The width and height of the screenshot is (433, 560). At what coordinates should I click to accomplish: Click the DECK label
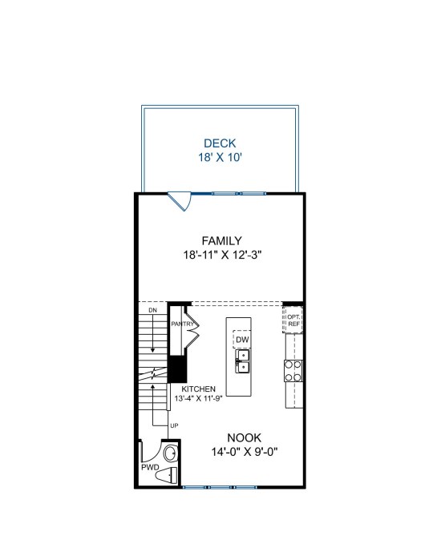220,143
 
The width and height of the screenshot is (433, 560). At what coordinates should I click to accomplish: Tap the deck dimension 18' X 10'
221,158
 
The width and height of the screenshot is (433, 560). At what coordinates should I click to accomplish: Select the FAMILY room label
221,240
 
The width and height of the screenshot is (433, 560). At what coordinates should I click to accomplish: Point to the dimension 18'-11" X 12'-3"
223,255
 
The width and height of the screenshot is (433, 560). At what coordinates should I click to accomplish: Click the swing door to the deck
181,201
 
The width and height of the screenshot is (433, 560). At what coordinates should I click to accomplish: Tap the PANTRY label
182,324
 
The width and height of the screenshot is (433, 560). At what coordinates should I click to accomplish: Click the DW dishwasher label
242,340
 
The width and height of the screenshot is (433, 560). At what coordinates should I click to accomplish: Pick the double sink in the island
242,361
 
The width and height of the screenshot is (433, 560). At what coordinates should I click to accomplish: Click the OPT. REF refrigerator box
293,320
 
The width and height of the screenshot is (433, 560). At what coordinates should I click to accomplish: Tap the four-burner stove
293,371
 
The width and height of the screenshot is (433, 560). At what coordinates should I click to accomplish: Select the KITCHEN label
198,389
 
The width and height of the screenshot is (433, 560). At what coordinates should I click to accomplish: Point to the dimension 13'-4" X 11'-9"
198,398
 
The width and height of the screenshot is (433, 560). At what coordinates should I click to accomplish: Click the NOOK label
245,438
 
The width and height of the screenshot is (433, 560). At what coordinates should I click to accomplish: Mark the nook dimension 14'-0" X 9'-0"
245,452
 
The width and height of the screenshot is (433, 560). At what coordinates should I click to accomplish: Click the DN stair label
152,310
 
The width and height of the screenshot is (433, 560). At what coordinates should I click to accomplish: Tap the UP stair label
174,425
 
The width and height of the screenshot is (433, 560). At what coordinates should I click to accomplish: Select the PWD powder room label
150,467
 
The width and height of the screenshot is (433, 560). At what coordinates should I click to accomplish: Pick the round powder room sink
170,454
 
